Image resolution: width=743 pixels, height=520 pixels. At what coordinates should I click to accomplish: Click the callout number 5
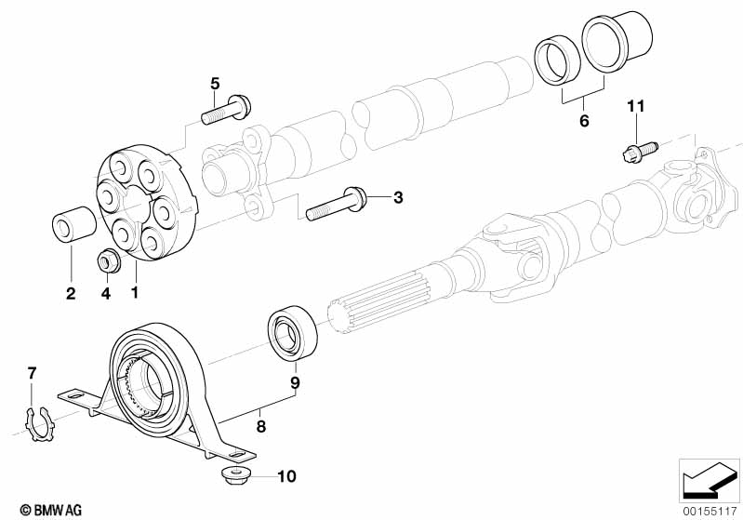(215, 84)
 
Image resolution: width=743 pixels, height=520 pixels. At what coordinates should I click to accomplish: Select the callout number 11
(636, 106)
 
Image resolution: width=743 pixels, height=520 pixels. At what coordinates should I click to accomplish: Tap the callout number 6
(584, 121)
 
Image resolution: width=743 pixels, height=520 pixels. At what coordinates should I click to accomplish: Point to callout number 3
(398, 197)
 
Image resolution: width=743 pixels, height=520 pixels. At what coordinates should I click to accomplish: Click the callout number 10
(286, 476)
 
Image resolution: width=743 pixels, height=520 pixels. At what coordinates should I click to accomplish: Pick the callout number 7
(32, 374)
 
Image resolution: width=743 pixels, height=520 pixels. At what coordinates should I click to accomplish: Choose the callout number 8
(261, 427)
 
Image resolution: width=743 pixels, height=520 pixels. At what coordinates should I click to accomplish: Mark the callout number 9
(295, 382)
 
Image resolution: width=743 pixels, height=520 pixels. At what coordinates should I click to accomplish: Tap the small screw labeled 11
(639, 152)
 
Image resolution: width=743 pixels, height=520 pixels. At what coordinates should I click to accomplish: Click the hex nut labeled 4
(108, 260)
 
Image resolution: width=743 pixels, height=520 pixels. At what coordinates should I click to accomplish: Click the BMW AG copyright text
(51, 510)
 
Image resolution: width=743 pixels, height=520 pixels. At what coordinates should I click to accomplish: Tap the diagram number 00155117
(710, 511)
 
